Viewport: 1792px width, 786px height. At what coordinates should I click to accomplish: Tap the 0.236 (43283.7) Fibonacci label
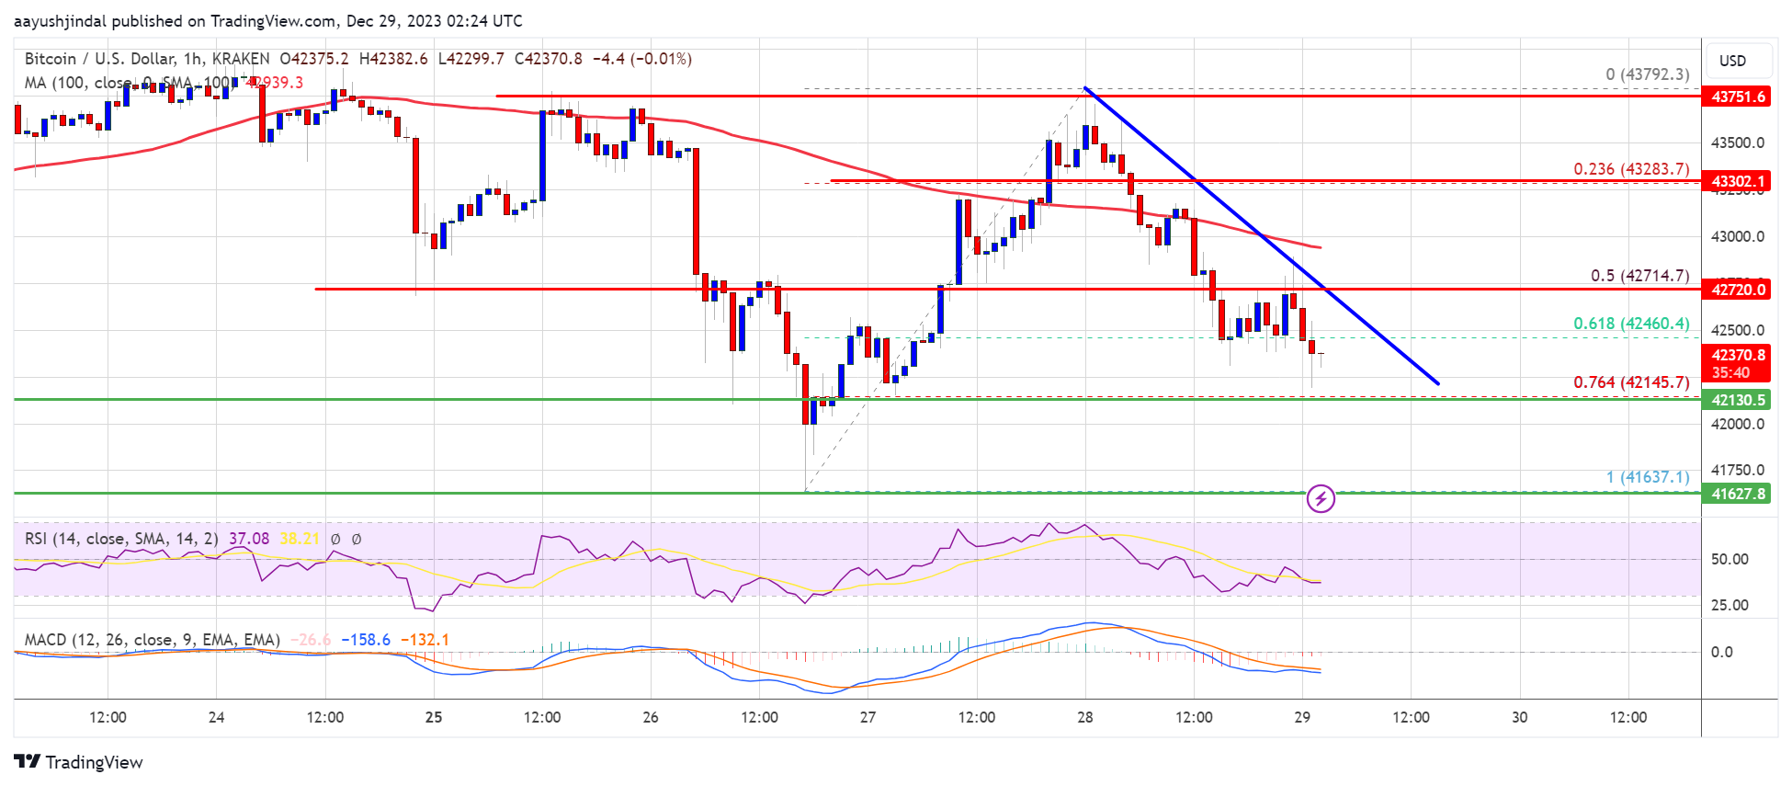(x=1631, y=169)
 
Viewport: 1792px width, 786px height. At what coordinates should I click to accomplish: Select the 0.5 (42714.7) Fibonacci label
(x=1639, y=276)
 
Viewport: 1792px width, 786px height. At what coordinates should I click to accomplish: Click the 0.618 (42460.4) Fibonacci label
(x=1631, y=324)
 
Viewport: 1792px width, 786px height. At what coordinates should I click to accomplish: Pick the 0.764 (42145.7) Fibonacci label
(x=1631, y=382)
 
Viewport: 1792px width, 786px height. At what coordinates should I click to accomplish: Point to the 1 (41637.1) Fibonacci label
(x=1648, y=477)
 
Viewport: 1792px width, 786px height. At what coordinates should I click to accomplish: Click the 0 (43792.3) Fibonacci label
(x=1648, y=74)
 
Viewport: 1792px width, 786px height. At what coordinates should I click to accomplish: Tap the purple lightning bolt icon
(x=1321, y=498)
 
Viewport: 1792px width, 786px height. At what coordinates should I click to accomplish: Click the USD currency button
(x=1732, y=61)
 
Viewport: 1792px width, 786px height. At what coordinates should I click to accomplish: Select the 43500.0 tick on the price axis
(x=1737, y=142)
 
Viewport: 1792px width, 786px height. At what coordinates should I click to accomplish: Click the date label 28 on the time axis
(x=1085, y=717)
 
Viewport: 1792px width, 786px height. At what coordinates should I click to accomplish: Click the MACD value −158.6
(x=366, y=640)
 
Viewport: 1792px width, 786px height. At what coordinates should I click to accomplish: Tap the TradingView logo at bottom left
(x=79, y=762)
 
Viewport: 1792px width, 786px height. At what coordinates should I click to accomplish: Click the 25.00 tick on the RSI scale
(x=1730, y=605)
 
